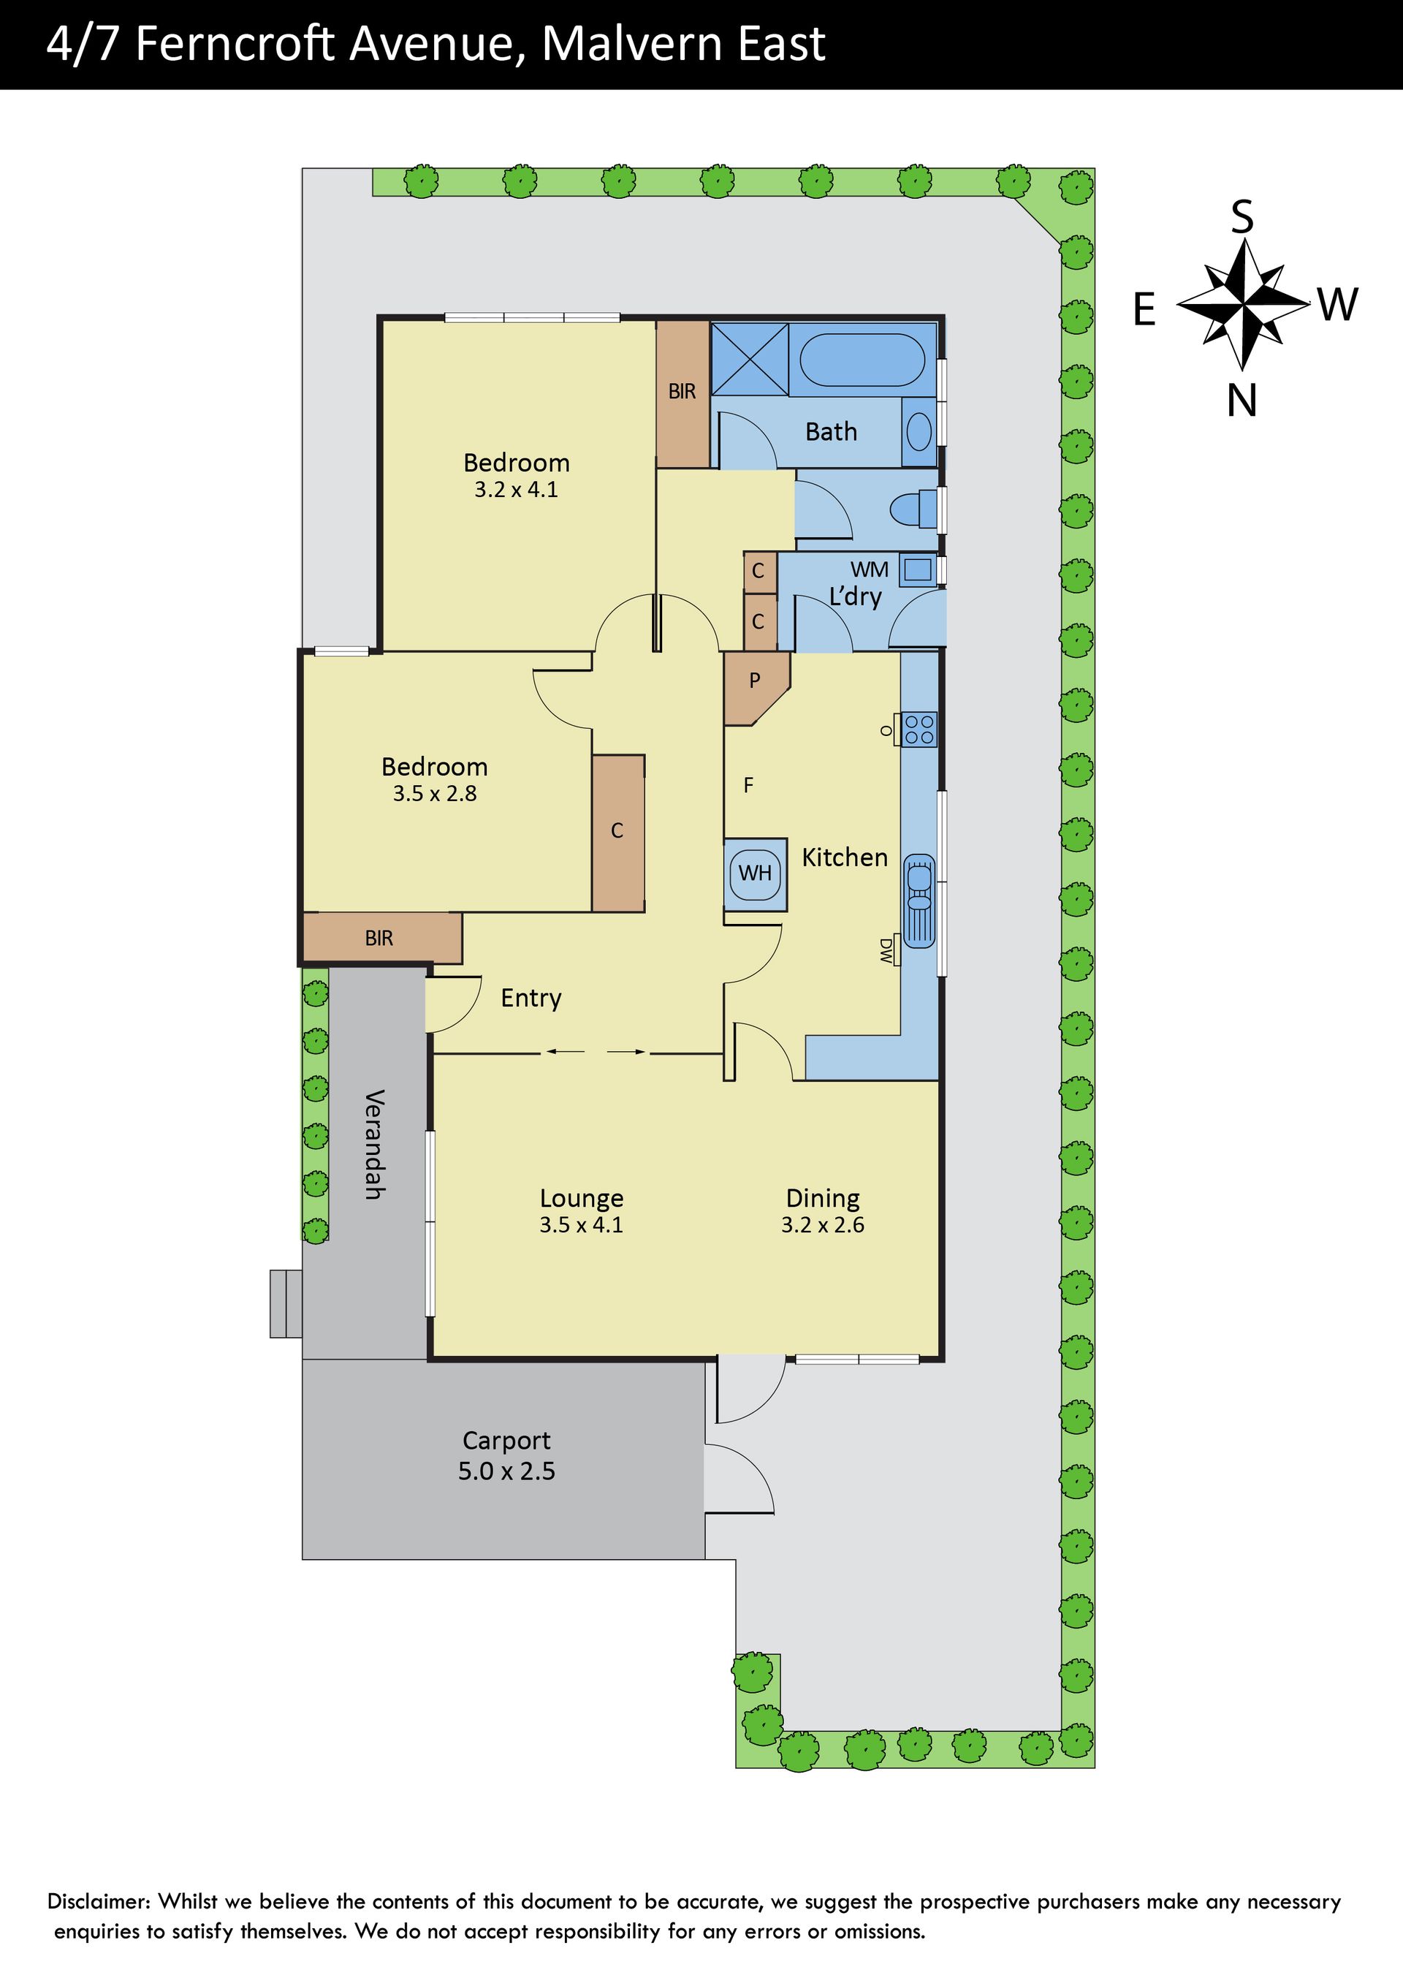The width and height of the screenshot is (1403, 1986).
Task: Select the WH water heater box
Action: (x=755, y=873)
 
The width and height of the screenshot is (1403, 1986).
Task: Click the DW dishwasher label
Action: (x=886, y=951)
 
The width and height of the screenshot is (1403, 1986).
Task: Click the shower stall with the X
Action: (x=749, y=359)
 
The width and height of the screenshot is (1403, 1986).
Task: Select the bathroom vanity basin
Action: (x=919, y=431)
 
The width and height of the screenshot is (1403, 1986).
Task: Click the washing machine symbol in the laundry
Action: (x=917, y=570)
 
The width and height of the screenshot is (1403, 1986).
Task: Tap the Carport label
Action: (x=506, y=1441)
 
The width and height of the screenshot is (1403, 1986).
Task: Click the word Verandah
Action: (x=373, y=1145)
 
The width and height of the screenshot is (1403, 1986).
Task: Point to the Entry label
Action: (x=531, y=998)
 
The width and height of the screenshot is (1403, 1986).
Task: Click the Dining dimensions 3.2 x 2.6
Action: (x=823, y=1225)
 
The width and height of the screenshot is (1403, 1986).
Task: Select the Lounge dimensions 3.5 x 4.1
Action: (x=581, y=1225)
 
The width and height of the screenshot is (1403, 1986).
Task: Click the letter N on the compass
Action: (x=1242, y=401)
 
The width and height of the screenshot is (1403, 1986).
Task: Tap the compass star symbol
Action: (x=1243, y=305)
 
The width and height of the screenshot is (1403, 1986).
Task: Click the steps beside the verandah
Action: (x=286, y=1303)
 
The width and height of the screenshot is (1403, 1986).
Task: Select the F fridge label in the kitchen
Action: (x=748, y=784)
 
